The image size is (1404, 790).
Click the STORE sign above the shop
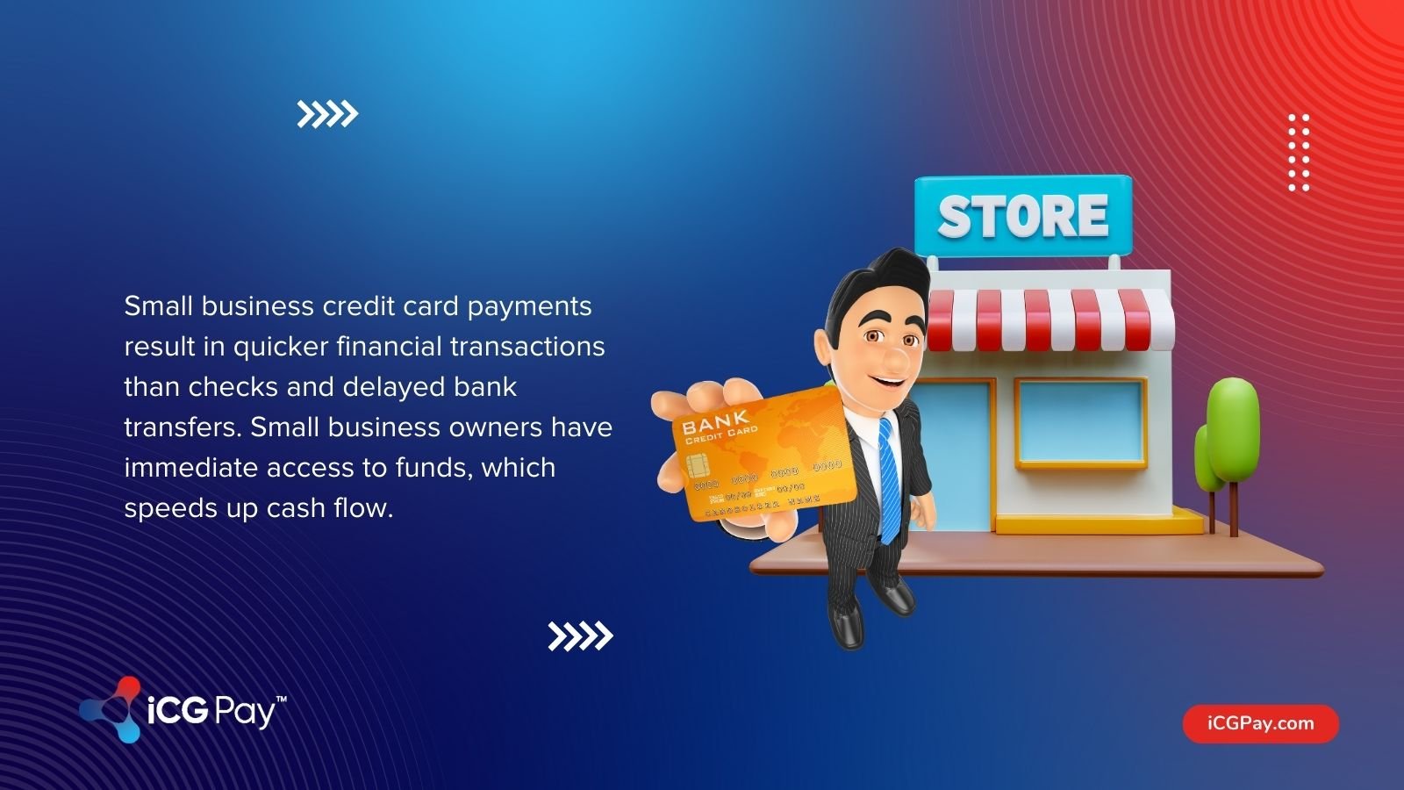(1023, 216)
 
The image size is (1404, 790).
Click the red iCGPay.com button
(1260, 723)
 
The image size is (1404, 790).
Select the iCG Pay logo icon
(112, 709)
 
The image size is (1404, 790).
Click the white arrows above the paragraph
(327, 114)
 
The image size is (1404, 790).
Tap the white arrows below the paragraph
(580, 636)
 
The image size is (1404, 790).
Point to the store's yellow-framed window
(1081, 422)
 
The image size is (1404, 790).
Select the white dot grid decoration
(1299, 152)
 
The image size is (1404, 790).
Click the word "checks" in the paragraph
(233, 387)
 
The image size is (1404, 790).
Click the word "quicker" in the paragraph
(280, 347)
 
